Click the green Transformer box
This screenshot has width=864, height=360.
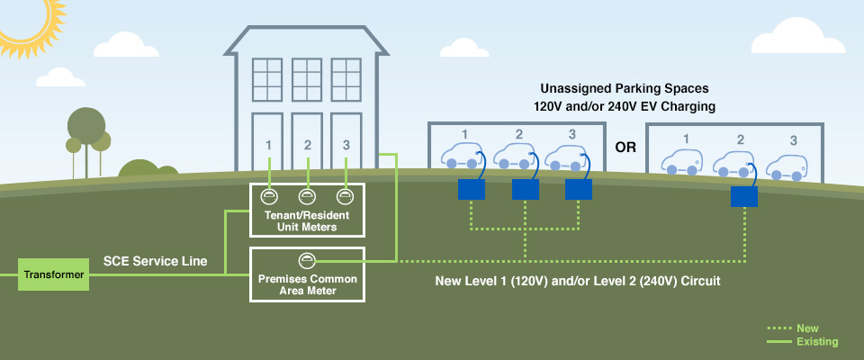54,274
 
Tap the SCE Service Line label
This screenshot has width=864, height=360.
155,262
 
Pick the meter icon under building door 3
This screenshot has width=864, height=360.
344,196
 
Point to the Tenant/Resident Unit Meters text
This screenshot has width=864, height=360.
307,220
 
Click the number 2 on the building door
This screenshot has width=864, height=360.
308,145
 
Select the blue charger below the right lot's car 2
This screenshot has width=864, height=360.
743,196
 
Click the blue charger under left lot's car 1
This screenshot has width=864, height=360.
471,189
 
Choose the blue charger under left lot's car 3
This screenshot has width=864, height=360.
579,189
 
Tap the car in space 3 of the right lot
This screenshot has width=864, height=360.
786,167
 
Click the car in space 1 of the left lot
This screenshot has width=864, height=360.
461,157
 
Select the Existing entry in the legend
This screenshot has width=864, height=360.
816,342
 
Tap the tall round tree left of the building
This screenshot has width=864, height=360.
86,126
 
